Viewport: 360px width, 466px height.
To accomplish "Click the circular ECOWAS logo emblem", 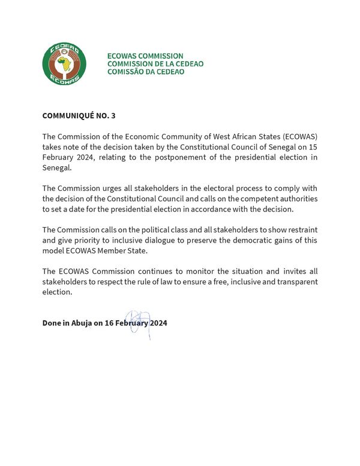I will [x=64, y=63].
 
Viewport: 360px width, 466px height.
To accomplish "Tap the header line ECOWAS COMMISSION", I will [x=145, y=56].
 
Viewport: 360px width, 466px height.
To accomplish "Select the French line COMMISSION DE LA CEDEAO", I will [x=155, y=64].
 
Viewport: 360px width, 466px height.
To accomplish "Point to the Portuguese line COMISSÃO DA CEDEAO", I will [x=146, y=71].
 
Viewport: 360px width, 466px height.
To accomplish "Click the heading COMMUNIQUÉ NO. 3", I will [x=79, y=115].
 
